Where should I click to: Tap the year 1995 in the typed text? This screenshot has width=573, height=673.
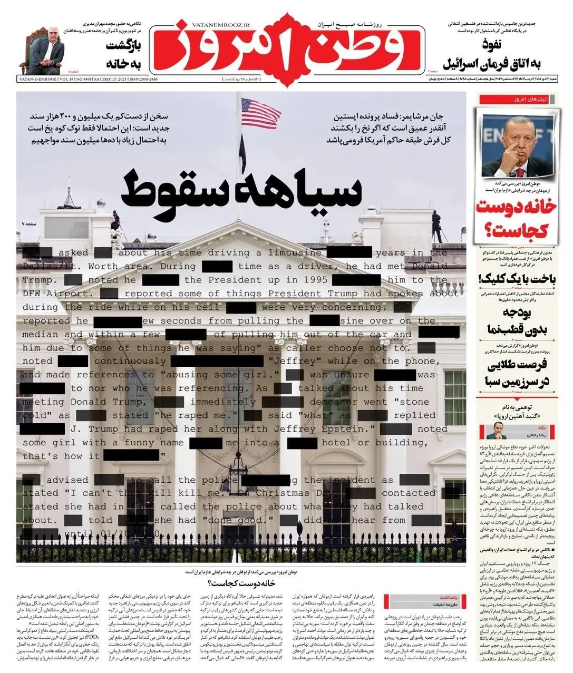pos(308,280)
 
